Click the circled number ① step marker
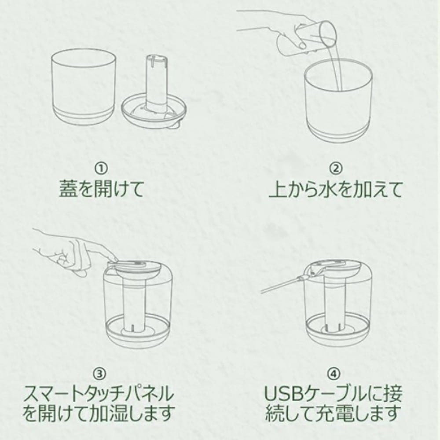[x=101, y=169]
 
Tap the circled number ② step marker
[x=336, y=169]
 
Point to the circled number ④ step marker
[x=334, y=374]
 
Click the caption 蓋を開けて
[x=101, y=189]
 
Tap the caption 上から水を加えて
[x=336, y=189]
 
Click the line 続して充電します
[x=334, y=413]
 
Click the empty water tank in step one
[x=84, y=87]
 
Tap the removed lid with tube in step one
[x=154, y=92]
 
